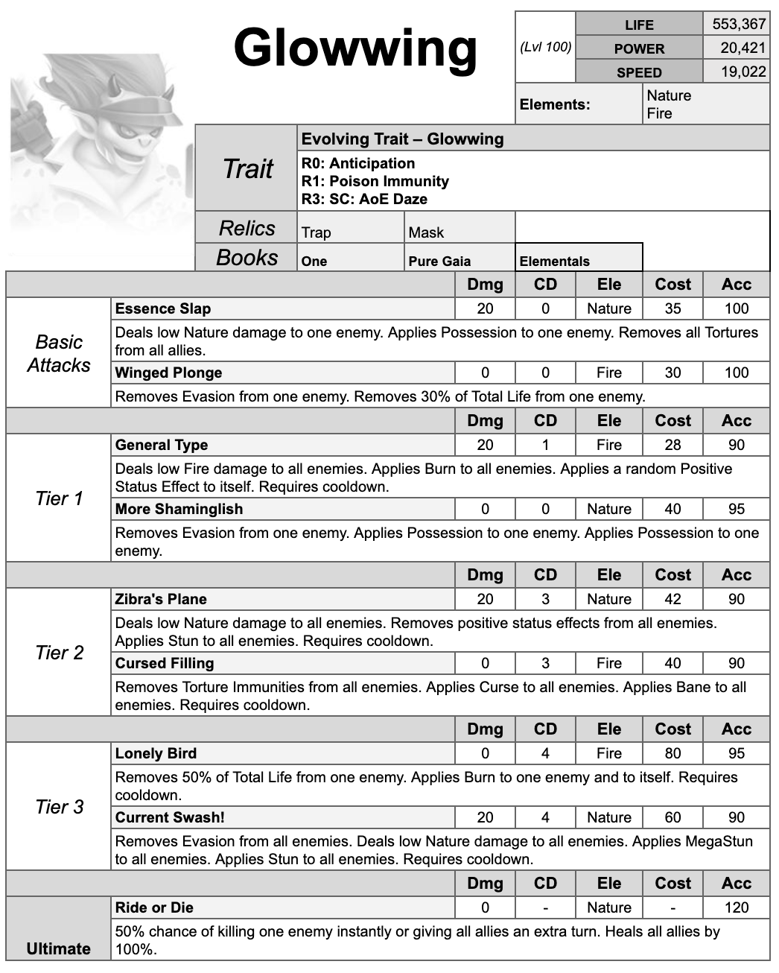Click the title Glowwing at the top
coord(355,48)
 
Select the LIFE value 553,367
coord(738,24)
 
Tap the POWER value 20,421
coord(743,48)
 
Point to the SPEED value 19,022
coord(743,72)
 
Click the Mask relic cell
coord(426,232)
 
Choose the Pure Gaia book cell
coord(439,262)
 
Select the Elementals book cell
coord(554,262)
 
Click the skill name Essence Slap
coord(163,309)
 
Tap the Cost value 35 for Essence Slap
coord(673,309)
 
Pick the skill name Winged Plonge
coord(168,373)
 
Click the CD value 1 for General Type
coord(545,446)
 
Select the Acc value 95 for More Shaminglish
coord(736,510)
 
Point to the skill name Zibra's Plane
coord(161,600)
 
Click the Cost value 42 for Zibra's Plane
coord(673,600)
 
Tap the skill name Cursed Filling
coord(165,664)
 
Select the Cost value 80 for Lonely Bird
coord(673,754)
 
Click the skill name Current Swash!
coord(170,818)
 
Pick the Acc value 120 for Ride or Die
coord(736,908)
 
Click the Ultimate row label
coord(58,949)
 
